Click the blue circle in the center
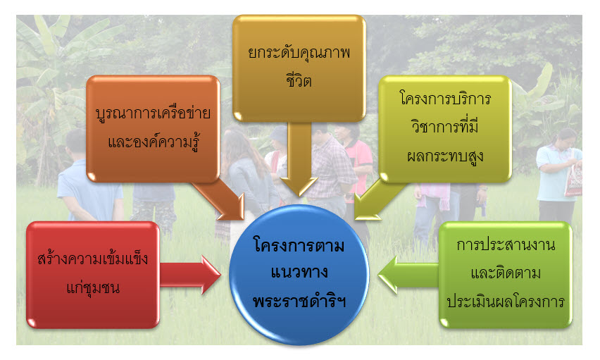[x=299, y=275]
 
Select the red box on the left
[x=93, y=275]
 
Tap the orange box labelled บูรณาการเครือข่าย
[x=153, y=129]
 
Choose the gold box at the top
[x=299, y=68]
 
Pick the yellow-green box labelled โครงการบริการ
[x=445, y=129]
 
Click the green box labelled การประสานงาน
[x=506, y=275]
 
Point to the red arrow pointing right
[x=190, y=275]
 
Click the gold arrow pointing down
[x=299, y=159]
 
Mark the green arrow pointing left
[x=408, y=275]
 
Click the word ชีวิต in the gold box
[x=299, y=80]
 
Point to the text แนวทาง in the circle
[x=299, y=273]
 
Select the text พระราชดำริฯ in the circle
[x=299, y=301]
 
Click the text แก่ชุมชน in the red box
[x=93, y=287]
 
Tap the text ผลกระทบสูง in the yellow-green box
[x=445, y=156]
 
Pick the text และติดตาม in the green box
[x=506, y=273]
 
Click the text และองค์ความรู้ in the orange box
[x=154, y=142]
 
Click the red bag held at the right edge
[x=574, y=180]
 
